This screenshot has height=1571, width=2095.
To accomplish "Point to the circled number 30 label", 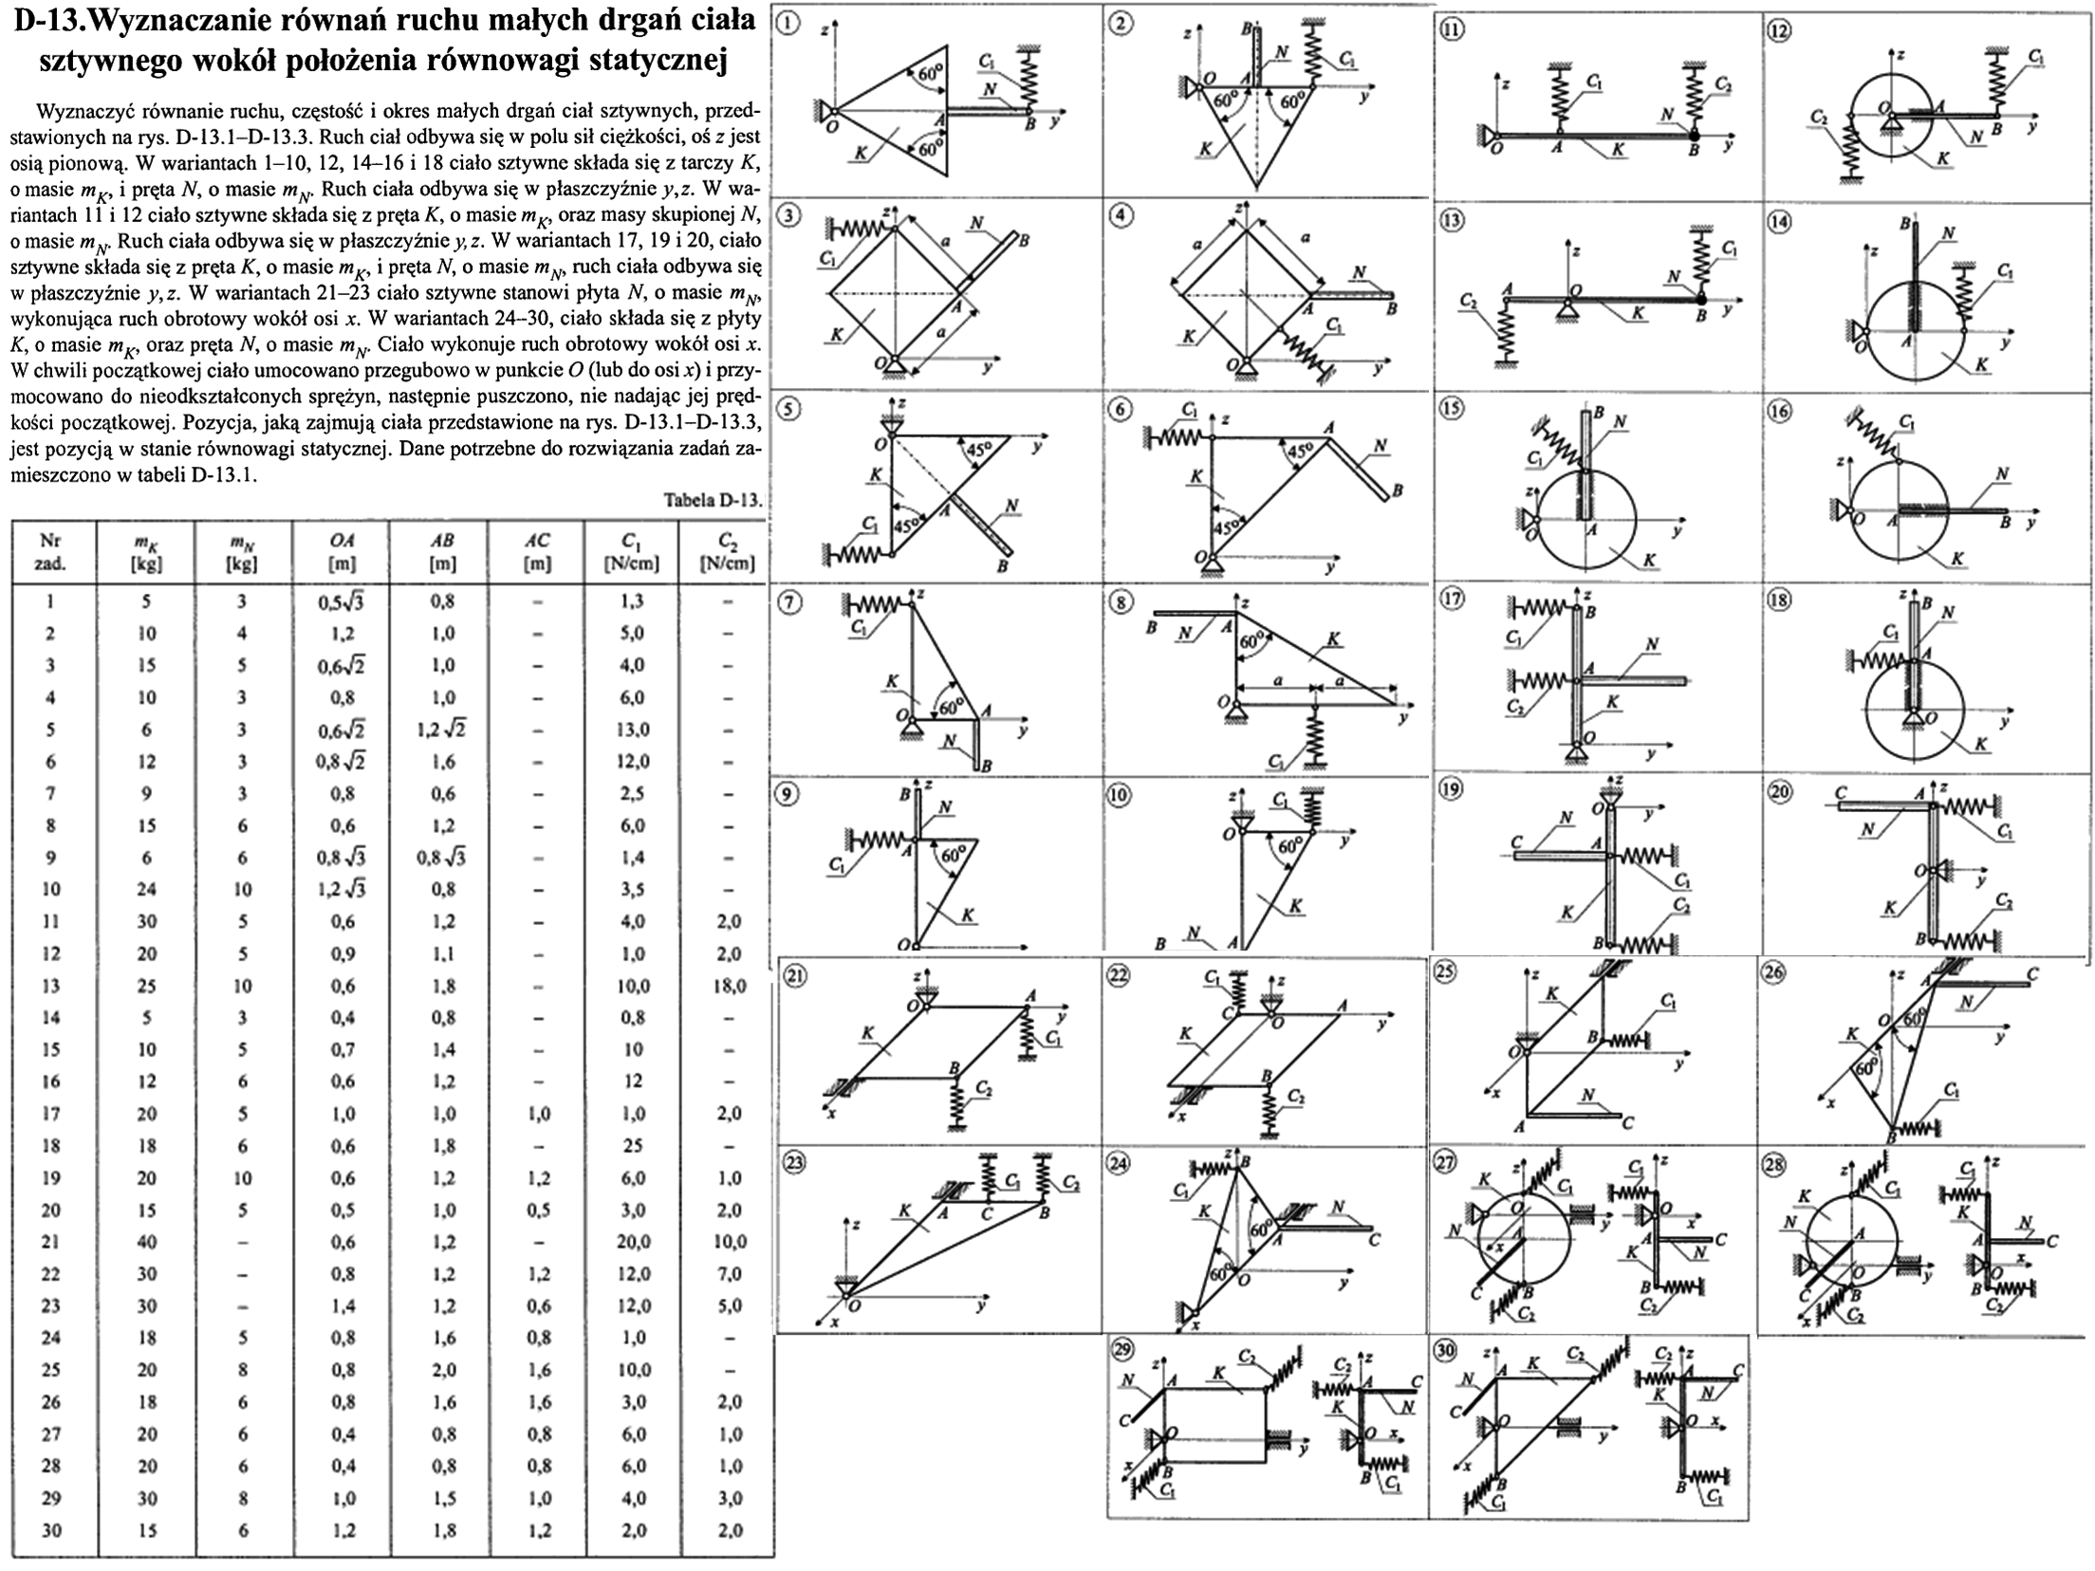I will tap(1445, 1351).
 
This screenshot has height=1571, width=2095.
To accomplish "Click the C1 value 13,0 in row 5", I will tap(633, 730).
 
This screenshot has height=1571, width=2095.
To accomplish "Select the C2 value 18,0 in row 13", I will tap(728, 986).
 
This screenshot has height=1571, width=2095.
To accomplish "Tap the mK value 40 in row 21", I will tap(146, 1242).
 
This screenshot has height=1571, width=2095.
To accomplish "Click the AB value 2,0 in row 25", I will tap(442, 1370).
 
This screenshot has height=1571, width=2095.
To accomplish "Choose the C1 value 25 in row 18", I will tap(633, 1146).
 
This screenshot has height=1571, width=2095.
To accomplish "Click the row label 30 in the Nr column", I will tap(51, 1530).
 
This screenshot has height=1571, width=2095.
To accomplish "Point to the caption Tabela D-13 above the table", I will tap(713, 501).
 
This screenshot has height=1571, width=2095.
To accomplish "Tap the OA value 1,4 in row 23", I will tap(343, 1306).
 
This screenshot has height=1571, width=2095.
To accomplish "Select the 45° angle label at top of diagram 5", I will tap(978, 449).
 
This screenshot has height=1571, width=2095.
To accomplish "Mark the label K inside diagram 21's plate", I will tap(867, 1033).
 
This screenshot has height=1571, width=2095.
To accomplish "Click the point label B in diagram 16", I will tap(2005, 522).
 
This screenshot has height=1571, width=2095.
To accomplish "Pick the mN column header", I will tap(242, 551).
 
